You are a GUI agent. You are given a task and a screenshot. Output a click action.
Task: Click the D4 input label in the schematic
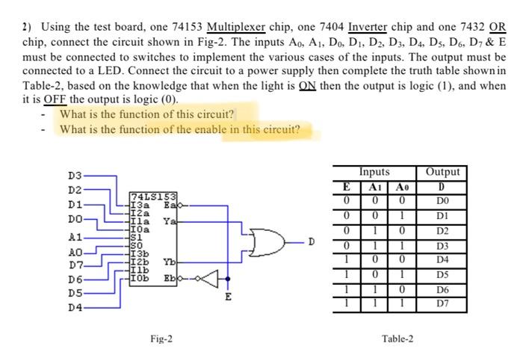[x=75, y=306]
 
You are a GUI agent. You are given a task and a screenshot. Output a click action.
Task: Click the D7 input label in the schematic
[x=75, y=263]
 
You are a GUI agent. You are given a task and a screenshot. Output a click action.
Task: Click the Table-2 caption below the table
[x=397, y=339]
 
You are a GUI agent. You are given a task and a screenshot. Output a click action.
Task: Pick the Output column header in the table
[x=442, y=173]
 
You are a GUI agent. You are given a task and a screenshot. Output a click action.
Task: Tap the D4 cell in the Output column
[x=442, y=261]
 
